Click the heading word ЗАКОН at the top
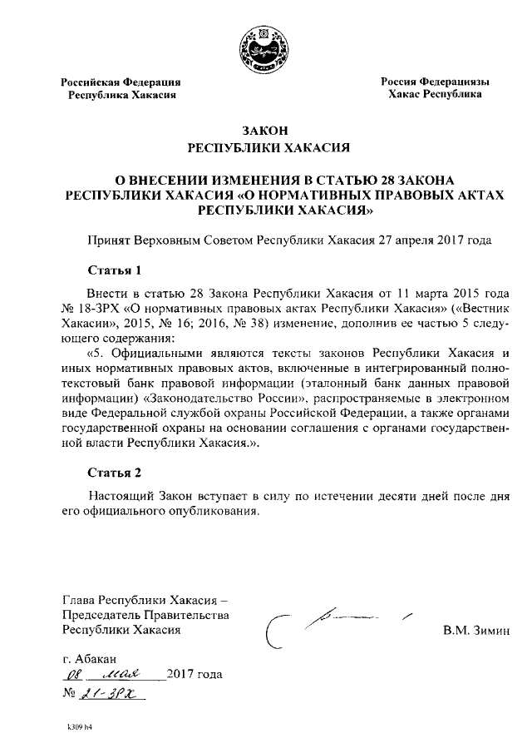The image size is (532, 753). point(265,131)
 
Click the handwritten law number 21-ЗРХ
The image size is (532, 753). point(109,692)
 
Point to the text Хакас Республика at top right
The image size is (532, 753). point(435,95)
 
